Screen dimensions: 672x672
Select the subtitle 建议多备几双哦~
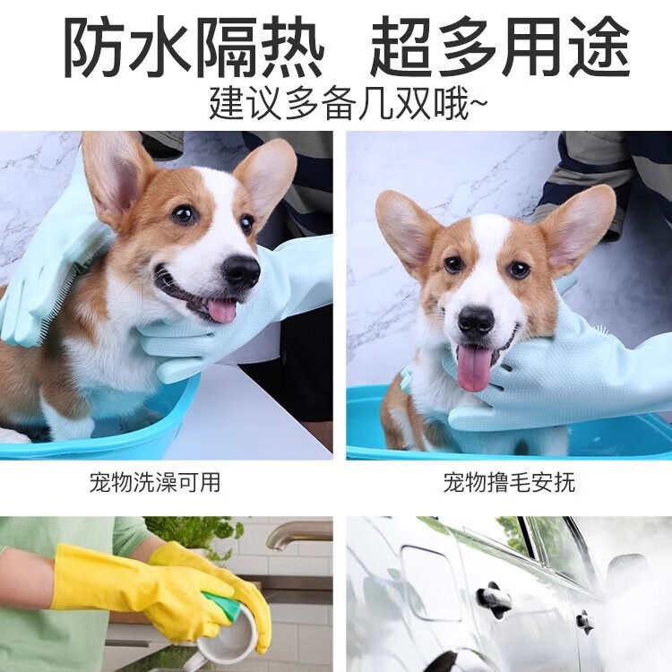tap(349, 103)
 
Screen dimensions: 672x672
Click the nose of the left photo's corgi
tap(240, 270)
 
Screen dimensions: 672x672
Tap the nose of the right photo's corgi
tap(476, 321)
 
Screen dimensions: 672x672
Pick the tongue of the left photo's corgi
tap(220, 310)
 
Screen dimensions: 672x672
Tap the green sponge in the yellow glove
tap(223, 607)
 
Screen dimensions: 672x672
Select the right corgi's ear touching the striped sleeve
tap(577, 228)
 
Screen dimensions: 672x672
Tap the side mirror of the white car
tap(627, 573)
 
